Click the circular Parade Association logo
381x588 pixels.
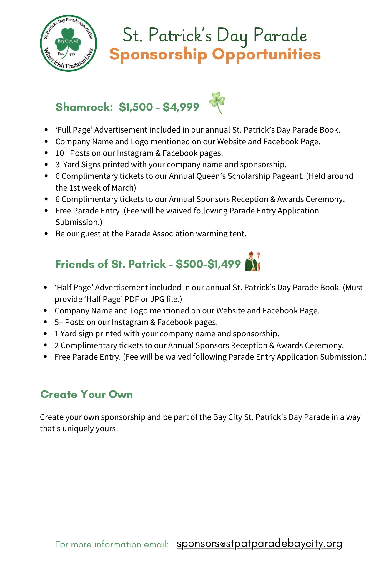pos(69,43)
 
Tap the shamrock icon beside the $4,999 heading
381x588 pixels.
pos(217,102)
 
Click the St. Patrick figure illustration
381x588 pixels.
pos(253,261)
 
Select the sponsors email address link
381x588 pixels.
pos(259,544)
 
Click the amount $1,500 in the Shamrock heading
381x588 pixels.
pos(136,107)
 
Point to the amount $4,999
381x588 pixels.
pos(181,107)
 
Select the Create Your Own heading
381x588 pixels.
pos(86,395)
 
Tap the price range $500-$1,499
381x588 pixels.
pos(208,264)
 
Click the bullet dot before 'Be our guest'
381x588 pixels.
pos(46,234)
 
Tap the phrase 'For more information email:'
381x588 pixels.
pos(112,544)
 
